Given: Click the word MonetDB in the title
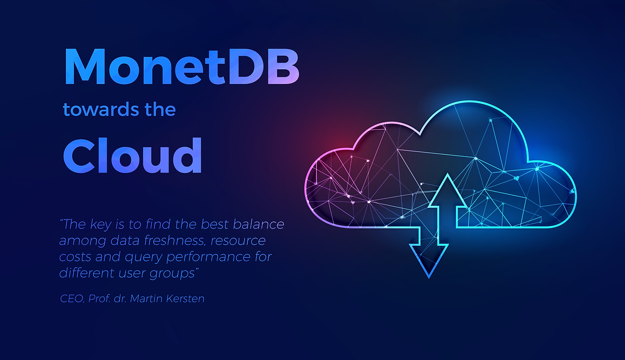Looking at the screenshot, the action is pyautogui.click(x=182, y=66).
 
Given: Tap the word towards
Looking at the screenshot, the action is pyautogui.click(x=101, y=109).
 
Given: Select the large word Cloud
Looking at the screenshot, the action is pyautogui.click(x=132, y=155).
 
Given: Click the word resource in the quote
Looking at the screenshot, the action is pyautogui.click(x=238, y=241).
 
